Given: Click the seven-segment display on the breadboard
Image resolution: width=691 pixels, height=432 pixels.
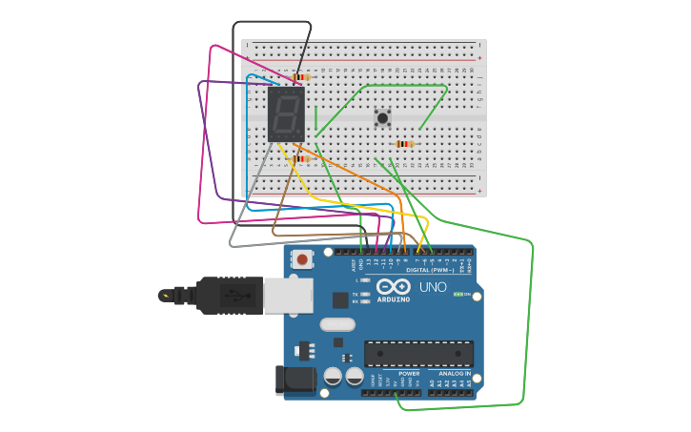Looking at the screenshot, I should coord(286,114).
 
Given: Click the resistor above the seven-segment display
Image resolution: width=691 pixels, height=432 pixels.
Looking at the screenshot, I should coord(301,77).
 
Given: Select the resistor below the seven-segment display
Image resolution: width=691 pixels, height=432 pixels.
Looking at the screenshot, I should coord(301,159).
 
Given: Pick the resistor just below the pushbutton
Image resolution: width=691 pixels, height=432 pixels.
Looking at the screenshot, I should coord(405,144).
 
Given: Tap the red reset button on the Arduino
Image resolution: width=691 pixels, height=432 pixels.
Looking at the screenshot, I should coord(302,258).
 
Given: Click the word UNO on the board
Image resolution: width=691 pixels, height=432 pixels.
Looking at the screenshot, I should coord(433,287).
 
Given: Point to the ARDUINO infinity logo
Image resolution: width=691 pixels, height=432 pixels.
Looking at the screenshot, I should coord(393,287).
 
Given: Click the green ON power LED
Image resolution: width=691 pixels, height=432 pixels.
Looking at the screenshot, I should coord(457,294).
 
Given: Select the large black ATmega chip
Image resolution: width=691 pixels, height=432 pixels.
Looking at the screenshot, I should coord(418,354).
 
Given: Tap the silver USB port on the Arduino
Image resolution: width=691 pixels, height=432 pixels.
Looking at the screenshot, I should coord(289,296).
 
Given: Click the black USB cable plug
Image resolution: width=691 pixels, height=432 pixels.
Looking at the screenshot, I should coord(229,296).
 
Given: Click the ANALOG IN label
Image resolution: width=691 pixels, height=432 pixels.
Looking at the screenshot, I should coord(455,373).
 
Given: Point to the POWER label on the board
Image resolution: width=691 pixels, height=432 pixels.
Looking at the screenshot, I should coord(409,373).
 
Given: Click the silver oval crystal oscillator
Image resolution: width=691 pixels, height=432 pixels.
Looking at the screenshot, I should coord(337,324).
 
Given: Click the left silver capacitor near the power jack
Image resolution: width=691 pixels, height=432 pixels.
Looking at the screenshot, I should coord(333,376).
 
